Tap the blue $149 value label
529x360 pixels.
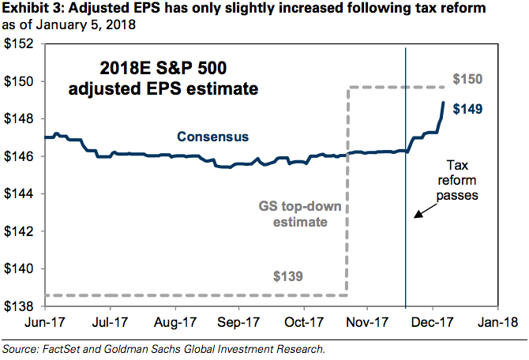[x=467, y=109]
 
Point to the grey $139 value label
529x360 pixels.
[x=289, y=276]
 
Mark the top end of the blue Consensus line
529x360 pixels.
[x=444, y=103]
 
